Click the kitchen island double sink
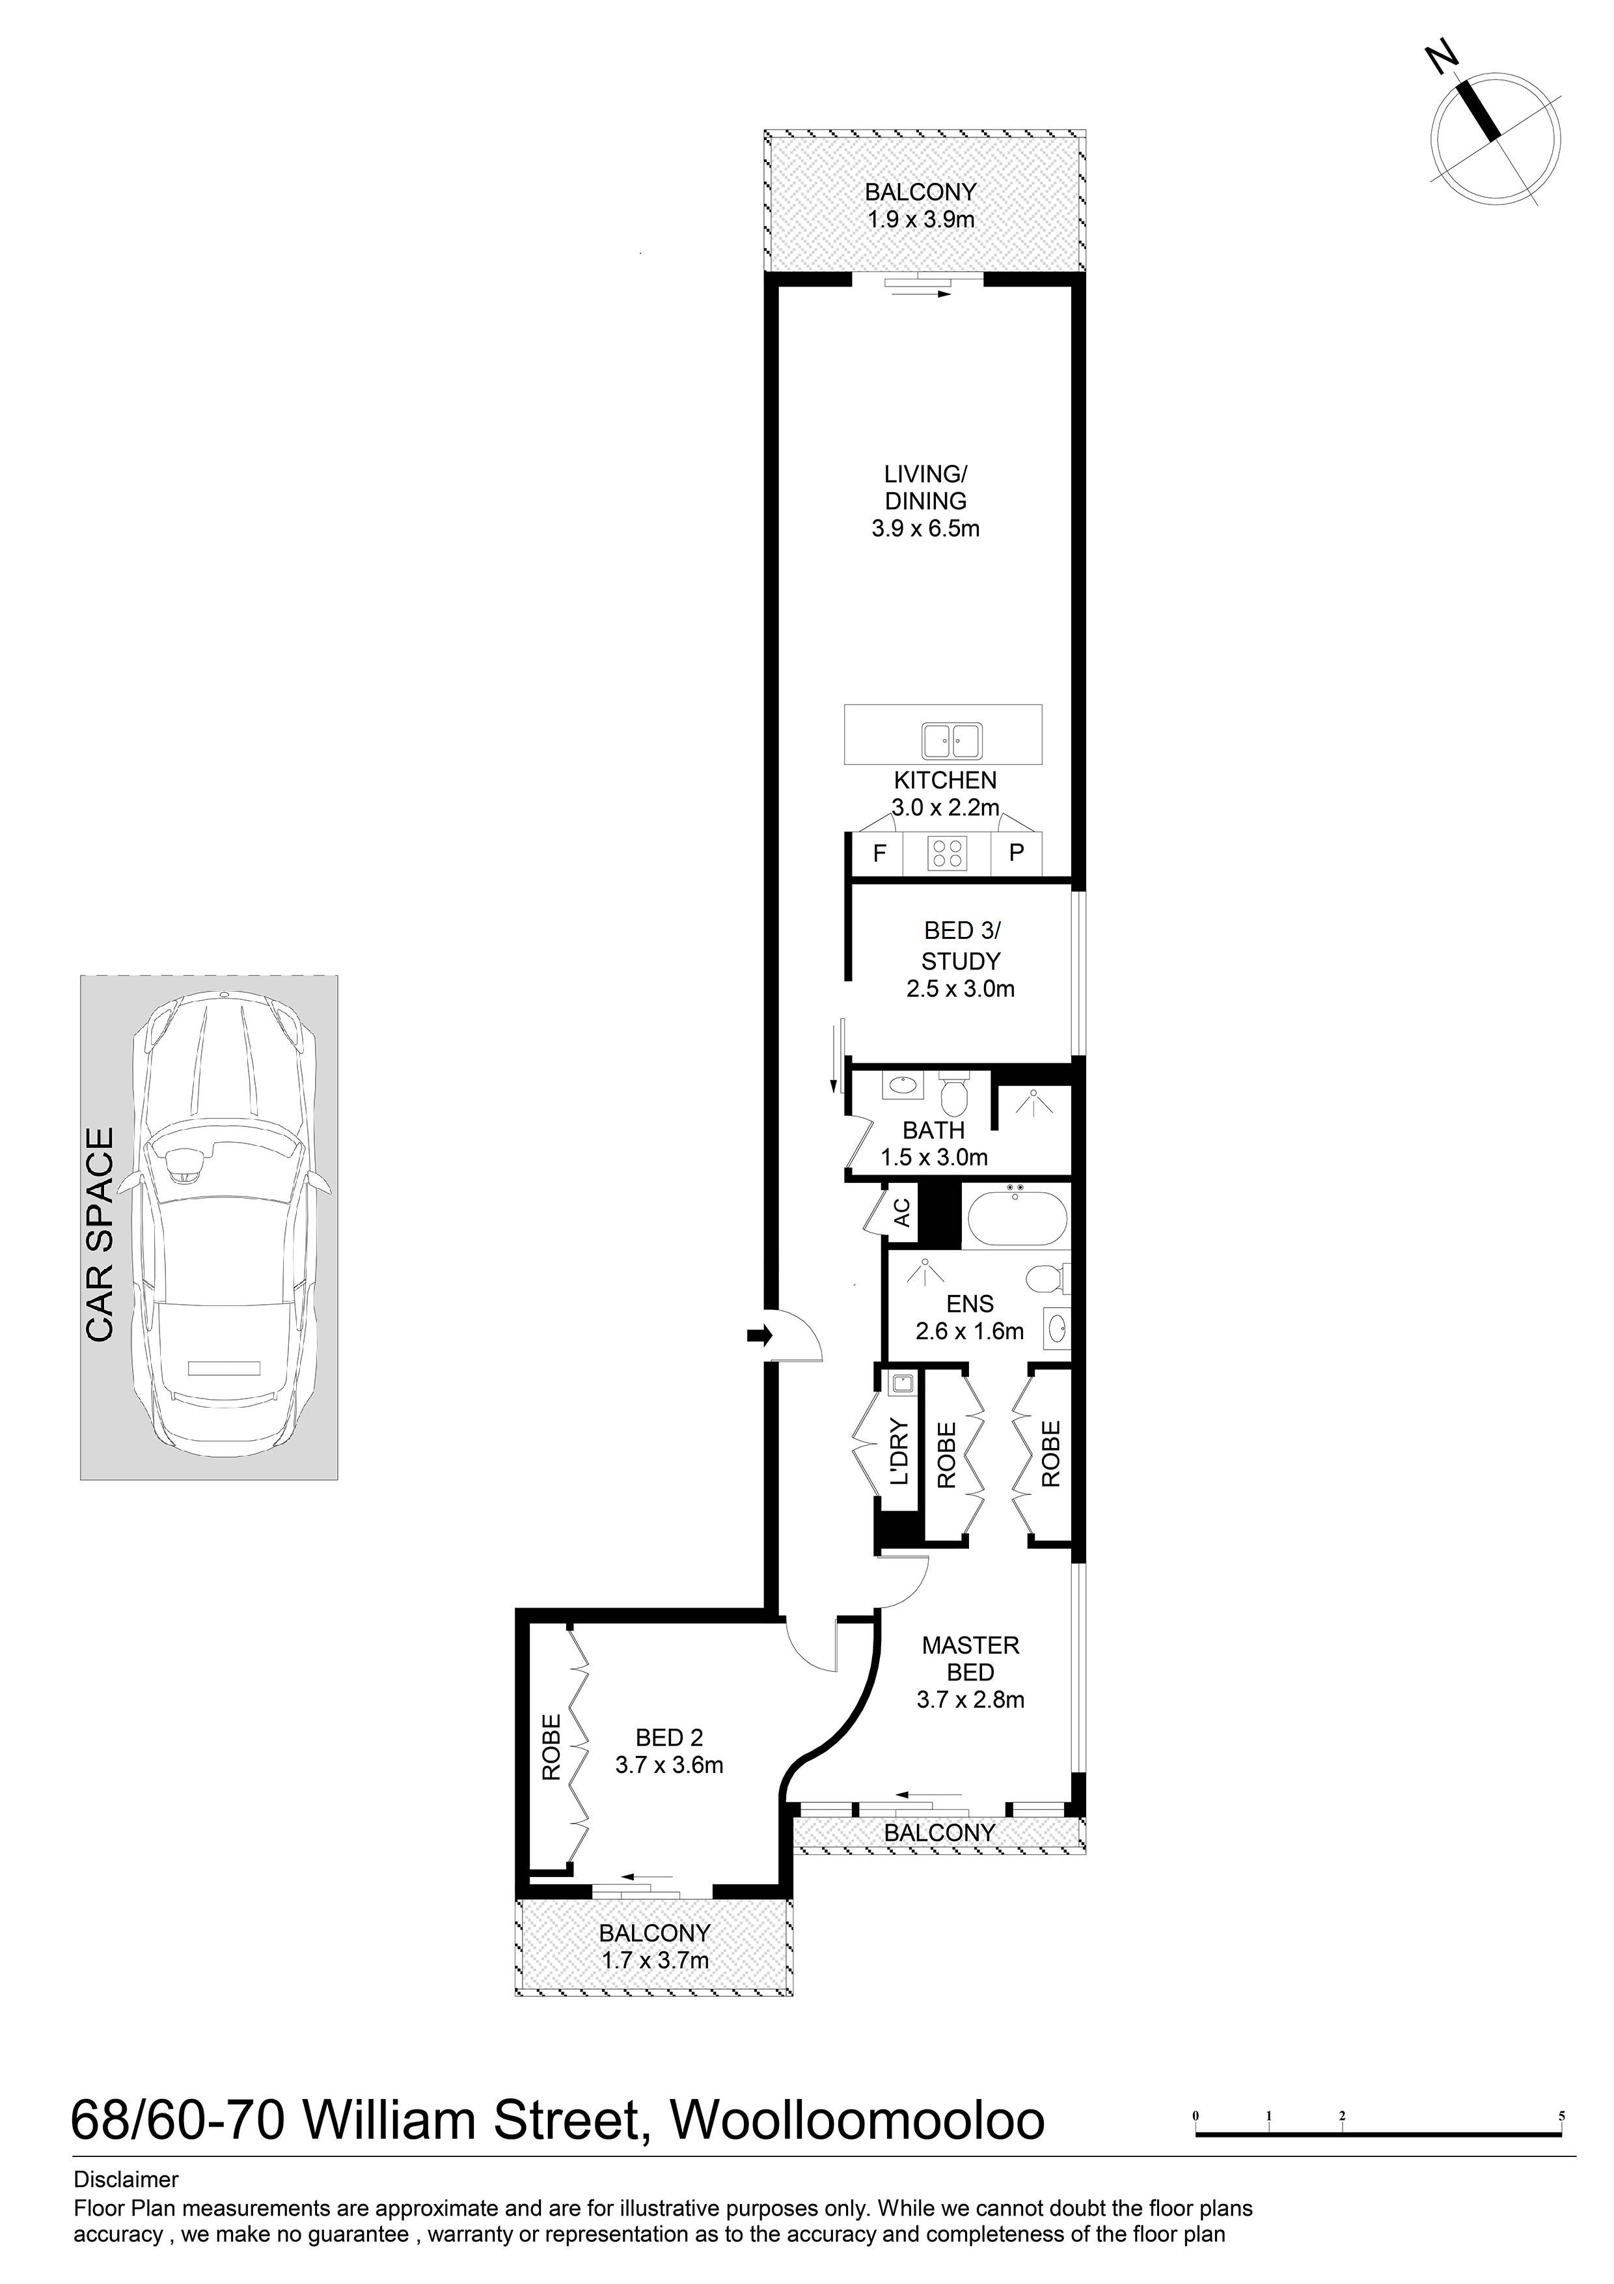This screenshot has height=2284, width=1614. coord(951,740)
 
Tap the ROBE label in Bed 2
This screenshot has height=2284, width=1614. coord(552,1748)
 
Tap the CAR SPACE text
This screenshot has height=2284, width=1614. coord(100,1234)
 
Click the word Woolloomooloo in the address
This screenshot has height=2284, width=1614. coord(858,2120)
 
